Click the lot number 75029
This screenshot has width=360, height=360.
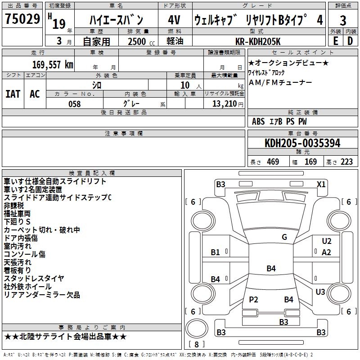click(22, 20)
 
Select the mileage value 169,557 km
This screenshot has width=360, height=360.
click(53, 64)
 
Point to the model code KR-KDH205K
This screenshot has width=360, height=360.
click(258, 42)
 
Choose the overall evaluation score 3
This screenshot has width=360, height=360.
click(343, 20)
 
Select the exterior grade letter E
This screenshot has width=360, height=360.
click(335, 41)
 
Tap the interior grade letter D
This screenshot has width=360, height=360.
click(350, 41)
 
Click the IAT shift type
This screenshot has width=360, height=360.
click(13, 94)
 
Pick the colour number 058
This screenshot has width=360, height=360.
click(74, 104)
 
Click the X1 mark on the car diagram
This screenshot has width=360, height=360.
click(321, 184)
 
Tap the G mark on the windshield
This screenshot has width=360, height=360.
click(284, 237)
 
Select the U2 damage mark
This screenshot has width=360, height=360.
click(327, 242)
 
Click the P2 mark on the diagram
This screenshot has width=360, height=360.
click(254, 299)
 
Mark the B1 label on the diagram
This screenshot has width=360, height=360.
click(216, 252)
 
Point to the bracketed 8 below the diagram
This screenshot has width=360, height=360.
click(196, 344)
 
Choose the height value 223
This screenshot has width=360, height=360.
click(346, 162)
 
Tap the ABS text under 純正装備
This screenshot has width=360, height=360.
click(258, 121)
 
